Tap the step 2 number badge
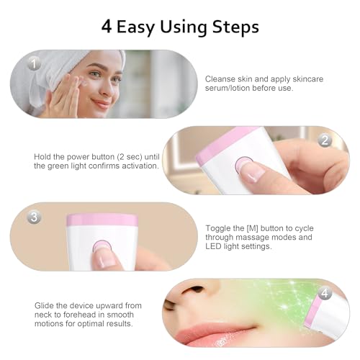pos(324,140)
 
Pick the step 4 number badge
pos(325,293)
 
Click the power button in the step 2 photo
pos(243,164)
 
